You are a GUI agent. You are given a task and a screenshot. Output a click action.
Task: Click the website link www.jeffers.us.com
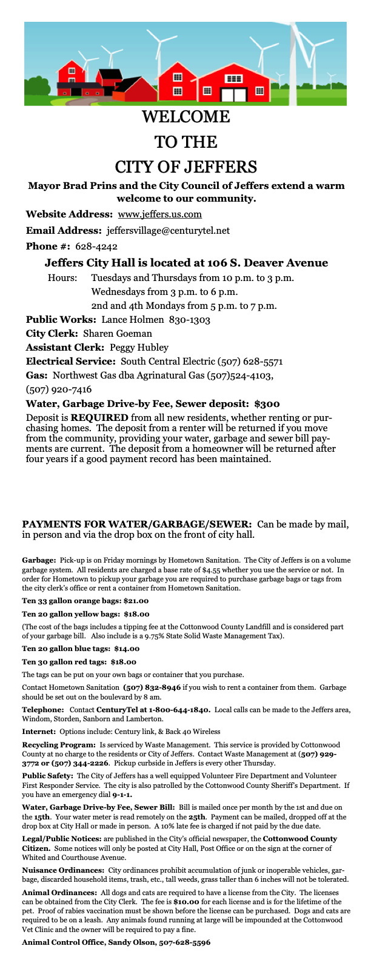coord(159,214)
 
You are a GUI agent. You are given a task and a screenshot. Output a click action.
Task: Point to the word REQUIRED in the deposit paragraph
coord(99,418)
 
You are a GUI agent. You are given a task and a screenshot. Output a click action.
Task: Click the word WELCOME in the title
coord(185,116)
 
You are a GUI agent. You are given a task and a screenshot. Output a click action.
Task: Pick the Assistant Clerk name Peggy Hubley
coord(139,348)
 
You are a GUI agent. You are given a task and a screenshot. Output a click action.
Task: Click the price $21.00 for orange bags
coord(136,601)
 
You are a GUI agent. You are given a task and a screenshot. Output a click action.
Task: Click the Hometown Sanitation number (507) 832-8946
coord(152,687)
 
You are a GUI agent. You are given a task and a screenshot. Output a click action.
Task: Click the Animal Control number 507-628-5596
coord(184,943)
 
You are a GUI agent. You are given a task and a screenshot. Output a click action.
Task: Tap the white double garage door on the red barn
coord(234,95)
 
